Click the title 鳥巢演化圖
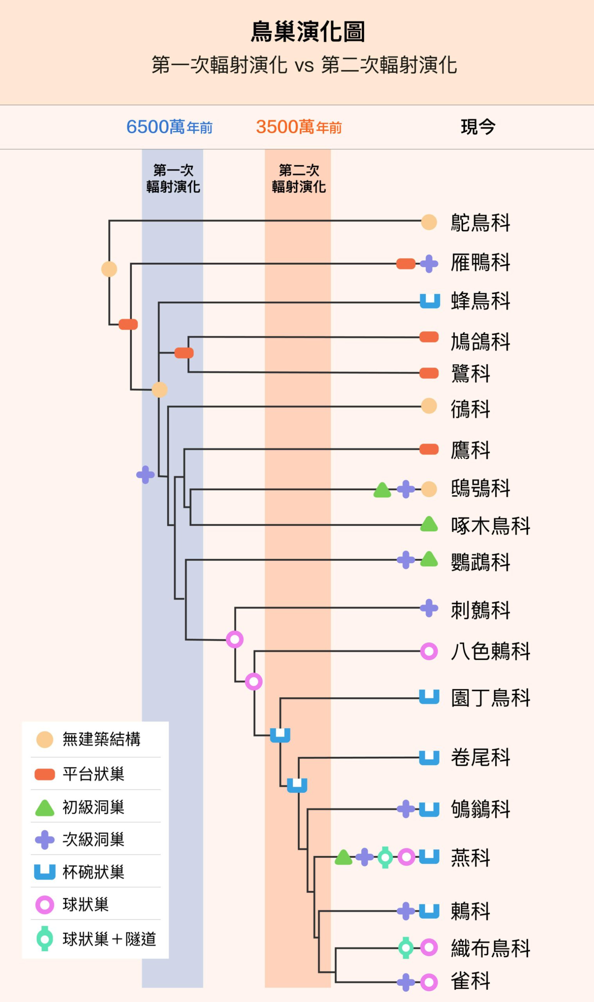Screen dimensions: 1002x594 pos(307,32)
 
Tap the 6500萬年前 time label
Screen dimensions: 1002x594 pos(169,127)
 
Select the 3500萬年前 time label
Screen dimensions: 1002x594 pos(299,127)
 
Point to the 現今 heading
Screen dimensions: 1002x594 pos(478,127)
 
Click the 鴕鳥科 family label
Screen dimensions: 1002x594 pos(480,222)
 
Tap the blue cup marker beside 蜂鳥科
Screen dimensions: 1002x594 pos(430,301)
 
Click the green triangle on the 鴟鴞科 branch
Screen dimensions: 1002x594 pos(382,490)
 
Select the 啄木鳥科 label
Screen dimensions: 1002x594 pos(490,526)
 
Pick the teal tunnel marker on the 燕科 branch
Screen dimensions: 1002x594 pos(385,857)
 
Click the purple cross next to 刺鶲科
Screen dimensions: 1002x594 pos(429,608)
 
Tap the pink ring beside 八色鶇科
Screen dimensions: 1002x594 pos(429,651)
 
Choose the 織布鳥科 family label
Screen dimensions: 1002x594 pos(490,948)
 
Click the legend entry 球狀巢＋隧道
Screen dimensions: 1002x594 pos(109,939)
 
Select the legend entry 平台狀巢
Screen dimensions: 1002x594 pos(93,774)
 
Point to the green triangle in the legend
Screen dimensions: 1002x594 pos(45,808)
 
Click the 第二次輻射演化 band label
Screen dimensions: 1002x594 pos(299,179)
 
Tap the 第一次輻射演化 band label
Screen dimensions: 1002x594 pos(173,179)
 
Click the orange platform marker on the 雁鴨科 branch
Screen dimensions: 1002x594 pos(405,264)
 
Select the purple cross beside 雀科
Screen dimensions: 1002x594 pos(405,982)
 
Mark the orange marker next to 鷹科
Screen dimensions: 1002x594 pos(429,449)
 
